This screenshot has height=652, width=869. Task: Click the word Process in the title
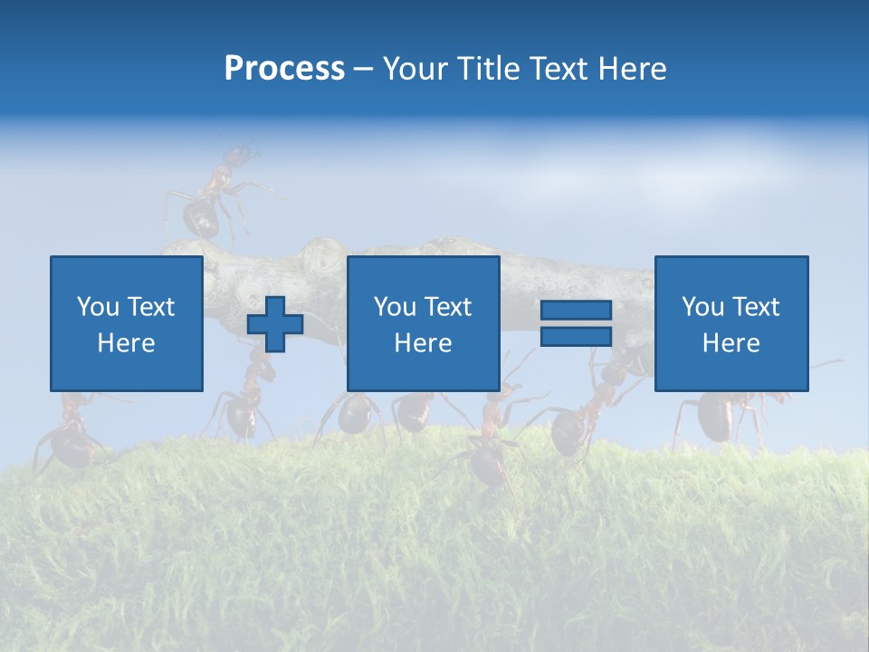point(284,69)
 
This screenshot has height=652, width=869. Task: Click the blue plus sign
point(275,324)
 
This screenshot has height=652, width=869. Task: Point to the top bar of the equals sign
point(576,311)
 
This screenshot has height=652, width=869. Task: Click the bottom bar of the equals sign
point(576,337)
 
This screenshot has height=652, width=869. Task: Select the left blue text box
point(126,323)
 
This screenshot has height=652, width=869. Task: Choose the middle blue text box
point(423,323)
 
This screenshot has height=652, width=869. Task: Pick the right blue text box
point(731,323)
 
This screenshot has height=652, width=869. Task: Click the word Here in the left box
point(126,343)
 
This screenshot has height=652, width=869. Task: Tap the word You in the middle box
point(395,307)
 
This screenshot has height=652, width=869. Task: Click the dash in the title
point(364,70)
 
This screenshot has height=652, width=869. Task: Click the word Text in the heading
point(558,69)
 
